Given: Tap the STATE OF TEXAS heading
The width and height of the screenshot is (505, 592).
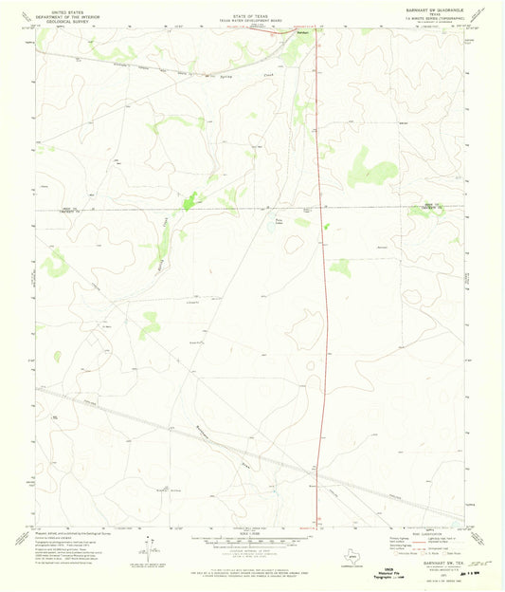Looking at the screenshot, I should pyautogui.click(x=252, y=8).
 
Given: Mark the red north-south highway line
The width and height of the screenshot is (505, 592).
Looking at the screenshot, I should pyautogui.click(x=323, y=285).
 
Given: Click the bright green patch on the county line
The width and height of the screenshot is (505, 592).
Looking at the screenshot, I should pyautogui.click(x=190, y=200).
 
